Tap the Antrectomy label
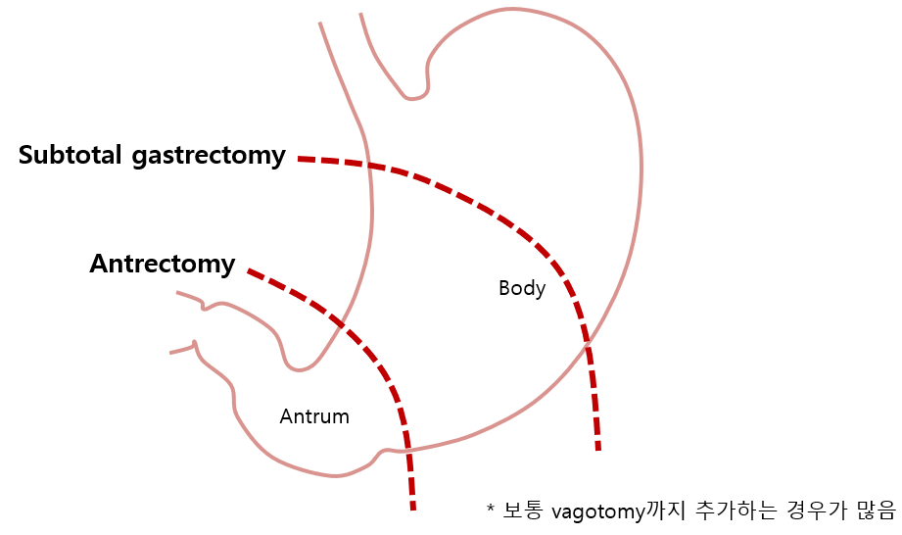click(x=163, y=264)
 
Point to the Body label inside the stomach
click(x=521, y=288)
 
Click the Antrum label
click(x=314, y=416)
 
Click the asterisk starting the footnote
click(x=490, y=510)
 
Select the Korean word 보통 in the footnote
click(x=523, y=510)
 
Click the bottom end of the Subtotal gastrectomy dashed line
click(x=597, y=449)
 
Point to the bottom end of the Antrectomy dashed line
click(x=412, y=508)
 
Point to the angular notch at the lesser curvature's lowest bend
click(x=301, y=369)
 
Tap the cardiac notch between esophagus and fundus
click(x=415, y=98)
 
